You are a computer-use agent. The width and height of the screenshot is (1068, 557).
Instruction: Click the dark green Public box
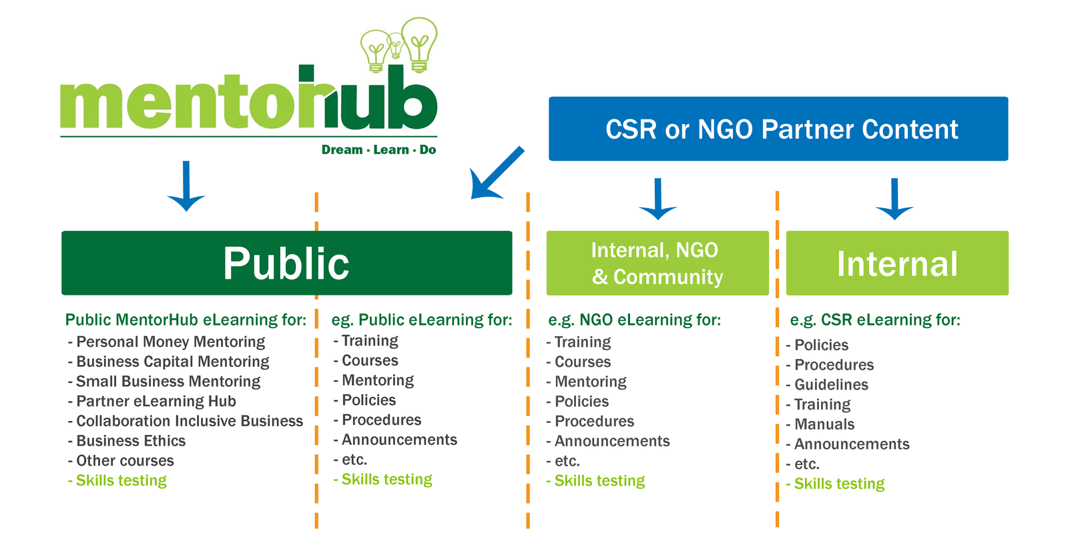(x=286, y=263)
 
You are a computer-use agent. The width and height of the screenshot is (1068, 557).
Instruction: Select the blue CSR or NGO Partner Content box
(x=778, y=129)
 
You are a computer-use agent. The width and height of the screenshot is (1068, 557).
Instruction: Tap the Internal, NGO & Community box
(x=657, y=263)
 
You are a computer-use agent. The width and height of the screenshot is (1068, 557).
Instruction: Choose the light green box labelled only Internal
(x=897, y=263)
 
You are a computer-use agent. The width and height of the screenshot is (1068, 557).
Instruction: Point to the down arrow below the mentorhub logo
(x=186, y=186)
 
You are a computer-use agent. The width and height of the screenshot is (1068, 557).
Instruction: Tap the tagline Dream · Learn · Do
(x=378, y=149)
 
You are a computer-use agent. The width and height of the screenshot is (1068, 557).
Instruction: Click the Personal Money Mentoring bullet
(x=166, y=342)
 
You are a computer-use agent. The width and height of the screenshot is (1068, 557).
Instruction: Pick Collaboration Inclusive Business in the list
(x=186, y=421)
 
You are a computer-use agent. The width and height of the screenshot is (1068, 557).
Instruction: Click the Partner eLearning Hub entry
(x=152, y=401)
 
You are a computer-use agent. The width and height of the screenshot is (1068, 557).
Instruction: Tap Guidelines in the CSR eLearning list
(x=827, y=384)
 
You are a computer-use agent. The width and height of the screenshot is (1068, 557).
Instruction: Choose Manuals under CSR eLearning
(x=820, y=424)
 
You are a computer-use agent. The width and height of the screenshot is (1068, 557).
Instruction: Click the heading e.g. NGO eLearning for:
(x=635, y=320)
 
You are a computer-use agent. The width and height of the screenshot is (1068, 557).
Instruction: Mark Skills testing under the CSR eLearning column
(x=835, y=484)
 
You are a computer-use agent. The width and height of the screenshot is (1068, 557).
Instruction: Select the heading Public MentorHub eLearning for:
(x=186, y=320)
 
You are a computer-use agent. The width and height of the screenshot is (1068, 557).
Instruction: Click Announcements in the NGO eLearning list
(x=608, y=441)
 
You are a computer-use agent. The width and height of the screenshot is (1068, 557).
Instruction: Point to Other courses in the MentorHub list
(x=121, y=461)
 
